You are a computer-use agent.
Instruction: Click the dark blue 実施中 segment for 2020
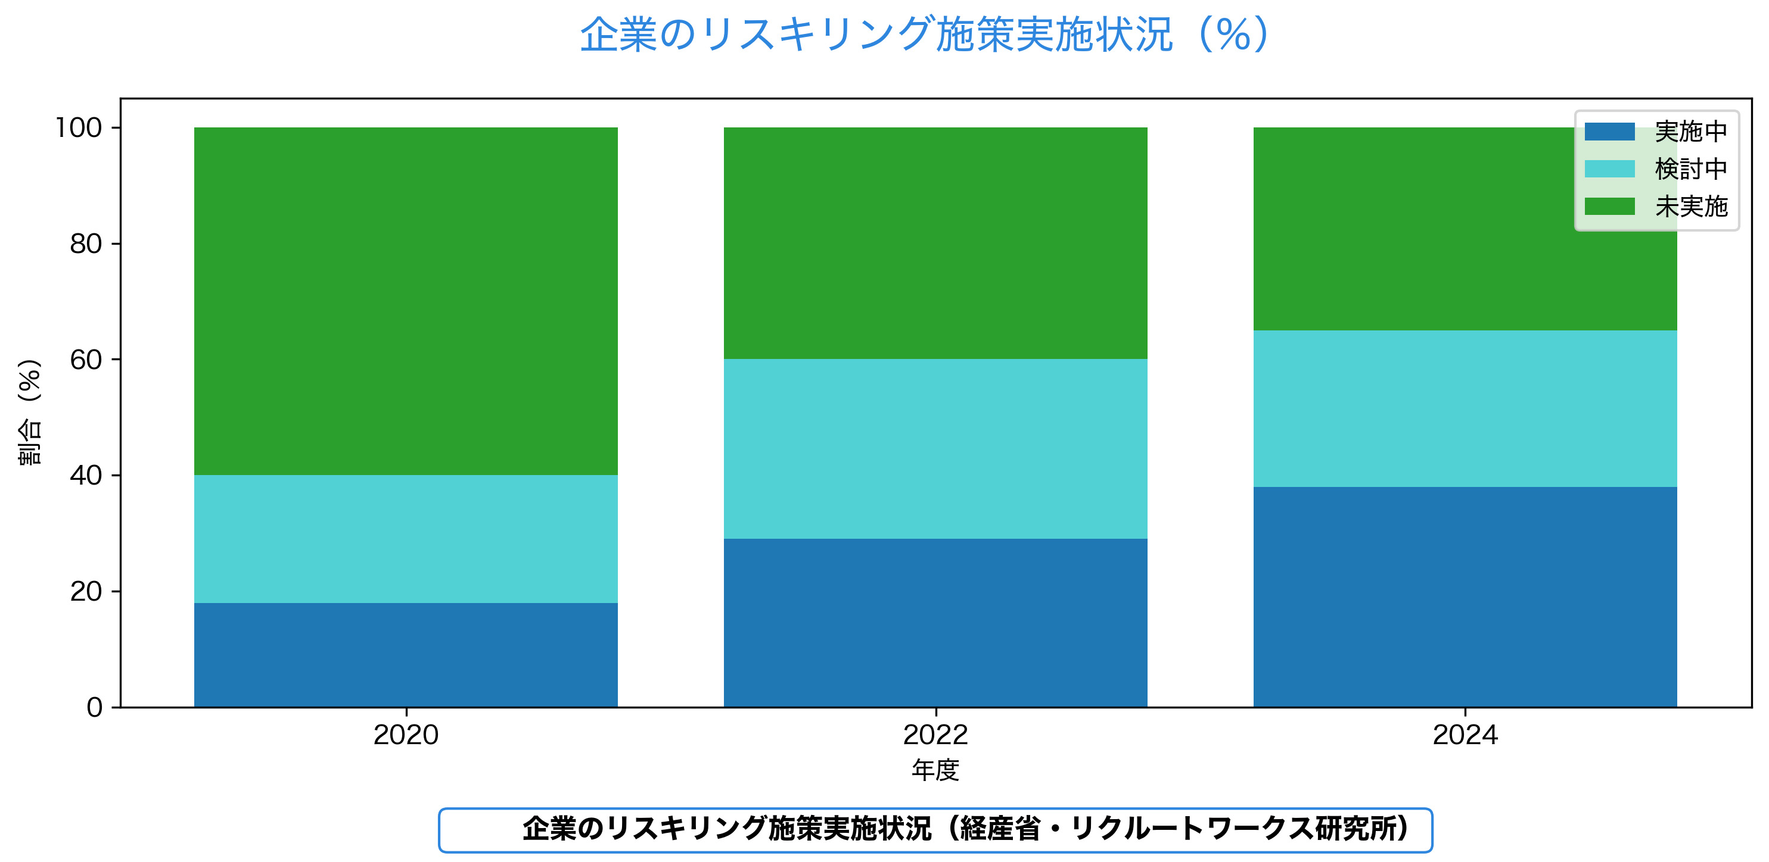tap(406, 655)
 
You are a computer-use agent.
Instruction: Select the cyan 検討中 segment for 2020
tap(406, 539)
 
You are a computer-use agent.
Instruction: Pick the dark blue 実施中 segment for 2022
tap(935, 623)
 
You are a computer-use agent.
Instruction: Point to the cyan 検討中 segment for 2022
tap(935, 448)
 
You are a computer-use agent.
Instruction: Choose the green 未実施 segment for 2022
tap(935, 243)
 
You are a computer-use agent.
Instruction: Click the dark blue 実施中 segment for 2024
tap(1465, 596)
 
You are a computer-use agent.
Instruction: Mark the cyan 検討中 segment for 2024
tap(1465, 408)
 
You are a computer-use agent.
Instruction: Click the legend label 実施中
tap(1691, 131)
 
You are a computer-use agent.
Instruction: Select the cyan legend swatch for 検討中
tap(1609, 169)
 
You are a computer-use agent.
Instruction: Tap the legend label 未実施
tap(1691, 207)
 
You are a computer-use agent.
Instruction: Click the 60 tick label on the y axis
tap(86, 360)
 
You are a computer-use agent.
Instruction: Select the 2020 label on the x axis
tap(406, 735)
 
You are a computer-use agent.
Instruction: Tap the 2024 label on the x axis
tap(1465, 735)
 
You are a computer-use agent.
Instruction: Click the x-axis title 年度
tap(935, 770)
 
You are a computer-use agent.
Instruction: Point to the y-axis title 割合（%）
tap(30, 412)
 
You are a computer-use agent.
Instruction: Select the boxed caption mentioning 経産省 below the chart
tap(935, 830)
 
